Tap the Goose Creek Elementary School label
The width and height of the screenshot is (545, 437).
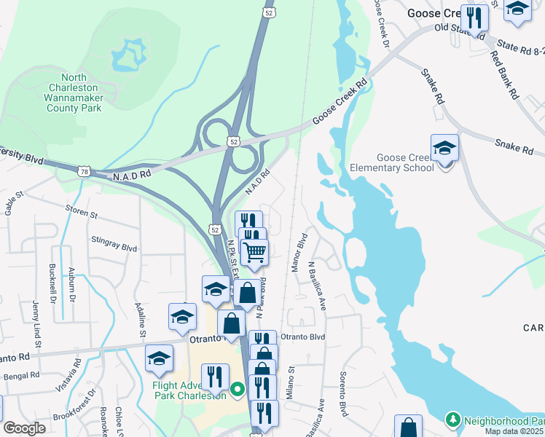tap(405, 162)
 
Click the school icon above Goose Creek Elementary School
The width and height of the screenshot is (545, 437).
tap(444, 148)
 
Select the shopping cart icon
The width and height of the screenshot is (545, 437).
tap(254, 253)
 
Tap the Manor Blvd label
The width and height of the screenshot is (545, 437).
tap(299, 253)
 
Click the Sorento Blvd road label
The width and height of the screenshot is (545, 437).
tap(342, 394)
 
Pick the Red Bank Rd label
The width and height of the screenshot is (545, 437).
tap(503, 75)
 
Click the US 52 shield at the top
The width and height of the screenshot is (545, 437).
tap(267, 13)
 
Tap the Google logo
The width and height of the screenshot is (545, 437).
tap(24, 428)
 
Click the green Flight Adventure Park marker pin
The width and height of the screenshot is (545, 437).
tap(238, 390)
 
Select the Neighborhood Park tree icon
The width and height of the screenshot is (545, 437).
tap(452, 420)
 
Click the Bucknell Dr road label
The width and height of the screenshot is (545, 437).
tap(52, 283)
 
